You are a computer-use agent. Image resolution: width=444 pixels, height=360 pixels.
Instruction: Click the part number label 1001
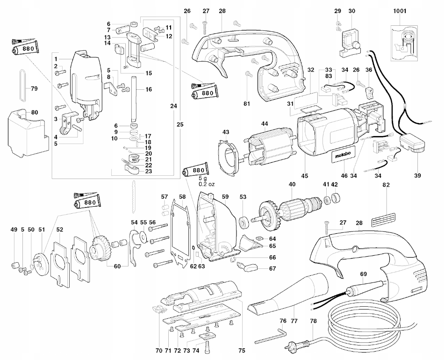coord(400,11)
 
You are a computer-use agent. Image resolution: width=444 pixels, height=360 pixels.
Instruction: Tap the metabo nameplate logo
coord(343,155)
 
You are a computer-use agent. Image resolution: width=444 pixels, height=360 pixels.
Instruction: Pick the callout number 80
coord(34,113)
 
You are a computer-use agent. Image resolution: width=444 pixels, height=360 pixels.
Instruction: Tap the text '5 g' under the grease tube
coord(203,179)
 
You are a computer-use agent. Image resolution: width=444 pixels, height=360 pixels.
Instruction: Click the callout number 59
coord(225,196)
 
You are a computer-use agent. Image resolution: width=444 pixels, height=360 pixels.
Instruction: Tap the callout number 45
coord(304,176)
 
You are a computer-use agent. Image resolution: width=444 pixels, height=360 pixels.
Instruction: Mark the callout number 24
coord(173,106)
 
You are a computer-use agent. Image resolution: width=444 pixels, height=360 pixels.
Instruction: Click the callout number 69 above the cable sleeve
coord(363,274)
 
